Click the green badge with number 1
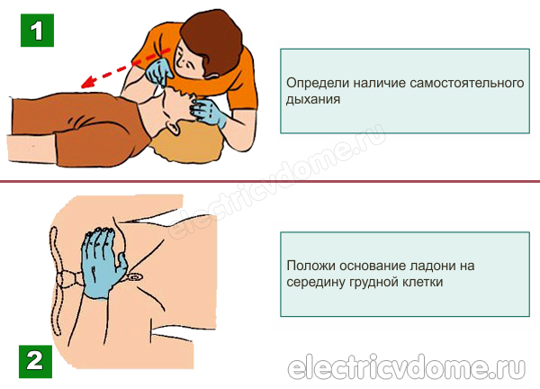[x=37, y=31]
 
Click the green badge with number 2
[x=35, y=361]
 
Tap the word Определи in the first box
[x=317, y=84]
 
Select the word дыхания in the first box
[x=313, y=100]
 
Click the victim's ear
[x=174, y=127]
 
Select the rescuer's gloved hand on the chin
[x=209, y=112]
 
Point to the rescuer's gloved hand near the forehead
[x=158, y=72]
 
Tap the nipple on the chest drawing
[x=135, y=276]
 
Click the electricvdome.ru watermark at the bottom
[x=407, y=367]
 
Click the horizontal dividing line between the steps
[x=270, y=181]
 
